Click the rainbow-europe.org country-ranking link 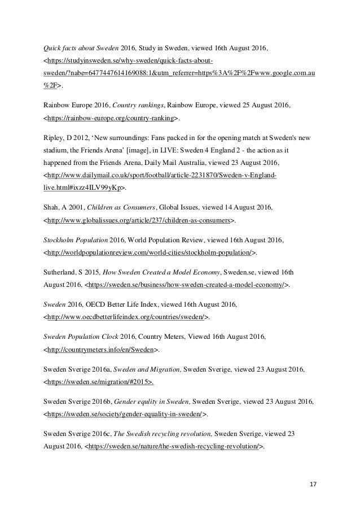(111, 118)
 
